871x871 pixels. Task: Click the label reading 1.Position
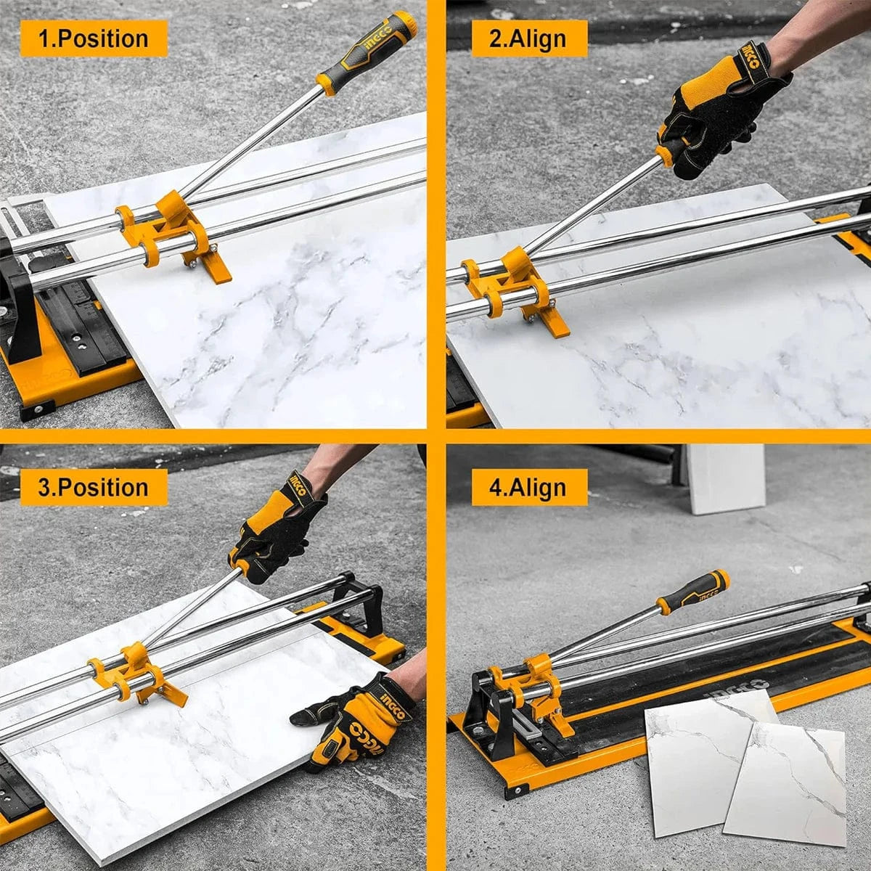pos(93,38)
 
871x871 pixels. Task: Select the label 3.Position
pos(93,487)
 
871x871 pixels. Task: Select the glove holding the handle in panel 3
pos(279,526)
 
